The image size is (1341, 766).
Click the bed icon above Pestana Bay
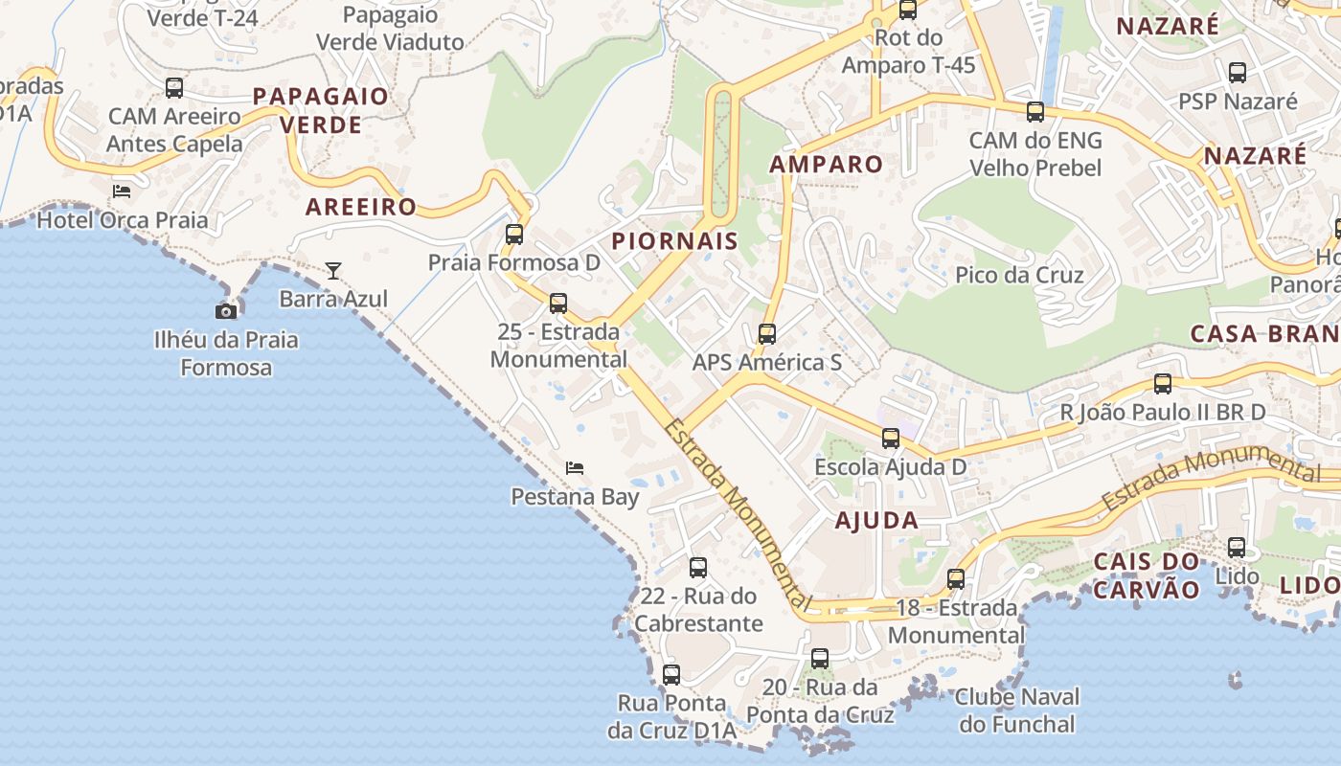pos(575,467)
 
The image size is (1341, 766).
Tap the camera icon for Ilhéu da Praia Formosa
pos(226,310)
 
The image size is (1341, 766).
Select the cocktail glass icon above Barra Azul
pos(333,270)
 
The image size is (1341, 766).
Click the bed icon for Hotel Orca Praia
pos(122,191)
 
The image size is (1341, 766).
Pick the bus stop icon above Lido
pos(1237,548)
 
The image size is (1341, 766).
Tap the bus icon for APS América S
pos(766,333)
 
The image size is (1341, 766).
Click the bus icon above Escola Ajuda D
pos(891,439)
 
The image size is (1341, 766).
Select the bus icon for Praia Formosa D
pos(514,234)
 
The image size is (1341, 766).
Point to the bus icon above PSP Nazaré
pos(1238,72)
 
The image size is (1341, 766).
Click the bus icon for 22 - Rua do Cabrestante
pos(698,567)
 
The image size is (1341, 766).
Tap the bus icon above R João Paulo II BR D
pos(1163,384)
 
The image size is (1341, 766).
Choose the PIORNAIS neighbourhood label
pos(674,240)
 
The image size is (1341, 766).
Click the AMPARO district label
pos(827,164)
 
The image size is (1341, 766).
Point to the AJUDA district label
pos(876,521)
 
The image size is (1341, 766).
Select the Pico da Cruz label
pos(1019,276)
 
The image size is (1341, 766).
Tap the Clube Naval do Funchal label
pos(1016,710)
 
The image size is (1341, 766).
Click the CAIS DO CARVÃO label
pos(1147,574)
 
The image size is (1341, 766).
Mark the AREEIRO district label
pos(361,207)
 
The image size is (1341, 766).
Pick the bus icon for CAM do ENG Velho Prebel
pos(1035,111)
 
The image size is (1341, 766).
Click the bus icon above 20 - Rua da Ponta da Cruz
pos(820,659)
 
